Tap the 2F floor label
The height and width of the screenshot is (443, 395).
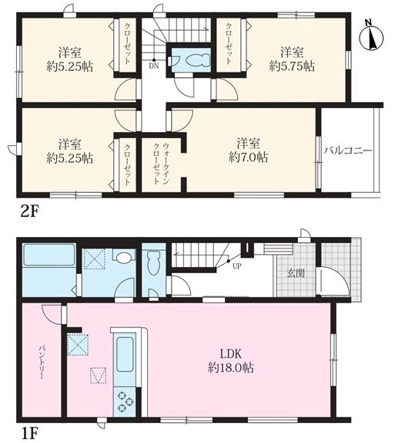29,211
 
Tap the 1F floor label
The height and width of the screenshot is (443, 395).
28,433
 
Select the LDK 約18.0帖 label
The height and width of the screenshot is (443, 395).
231,360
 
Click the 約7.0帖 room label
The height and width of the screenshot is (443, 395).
248,150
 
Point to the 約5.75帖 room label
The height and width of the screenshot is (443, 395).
292,59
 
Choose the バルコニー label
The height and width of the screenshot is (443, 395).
347,150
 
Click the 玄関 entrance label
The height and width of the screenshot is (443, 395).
296,273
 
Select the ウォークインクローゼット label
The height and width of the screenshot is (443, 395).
161,164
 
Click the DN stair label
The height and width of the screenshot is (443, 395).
154,66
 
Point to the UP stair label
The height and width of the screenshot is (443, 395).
237,265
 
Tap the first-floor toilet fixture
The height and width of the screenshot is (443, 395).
154,262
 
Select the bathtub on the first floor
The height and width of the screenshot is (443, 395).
49,255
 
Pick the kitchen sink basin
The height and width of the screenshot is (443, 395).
124,354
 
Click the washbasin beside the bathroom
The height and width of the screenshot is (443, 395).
123,256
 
